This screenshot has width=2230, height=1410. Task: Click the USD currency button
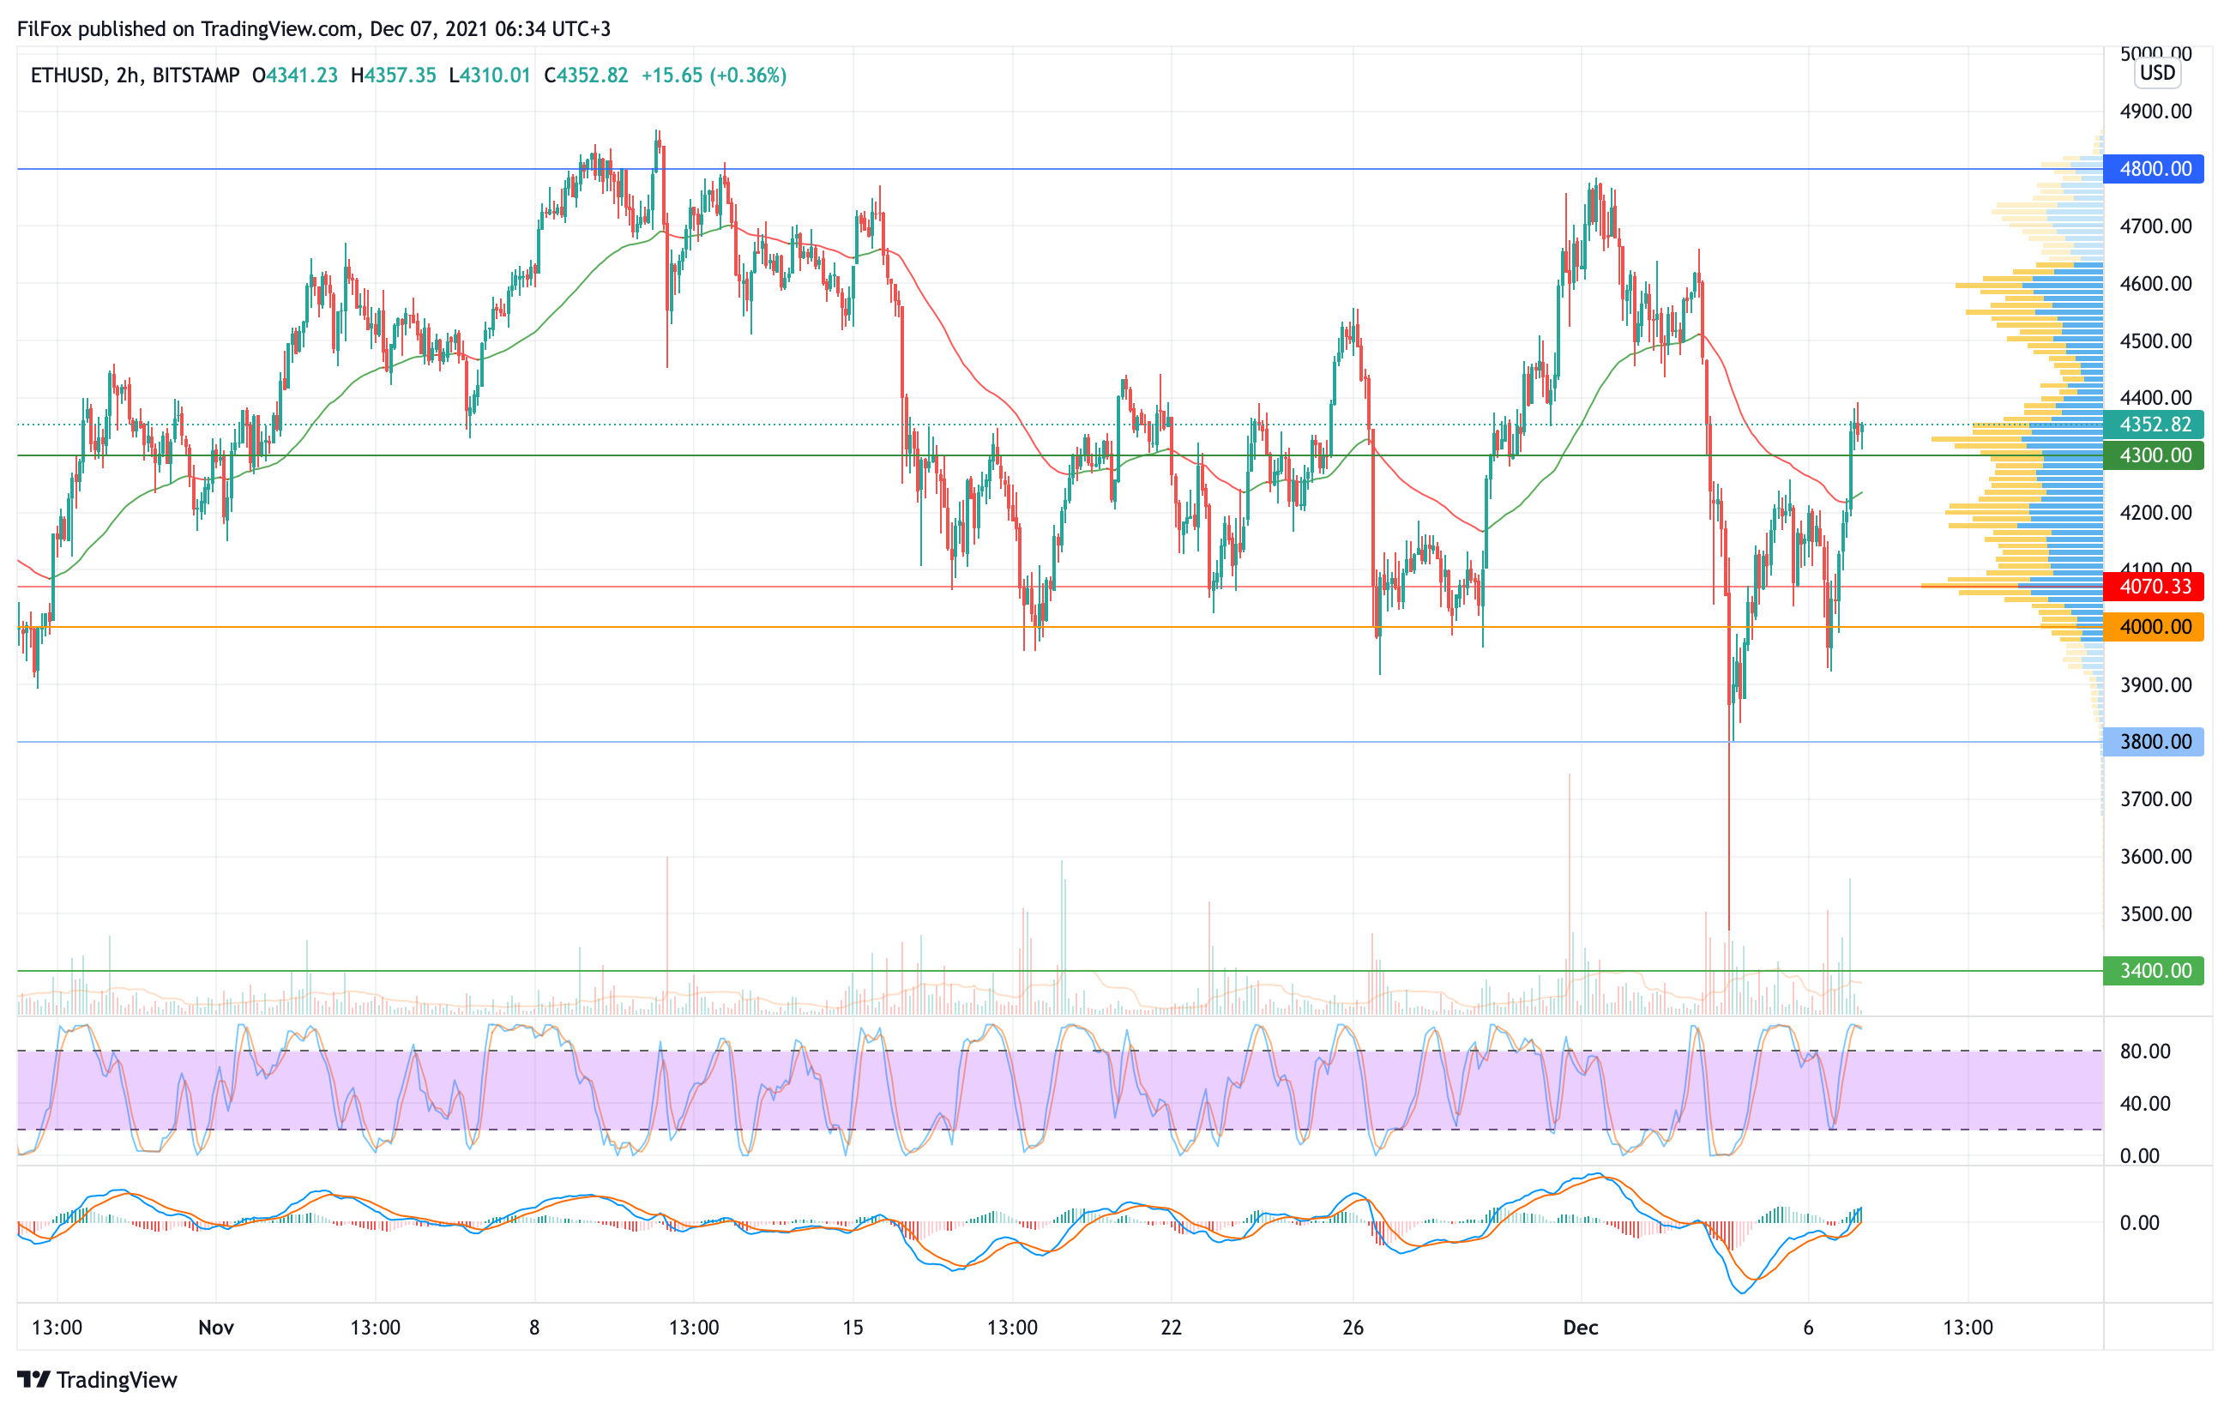(x=2157, y=72)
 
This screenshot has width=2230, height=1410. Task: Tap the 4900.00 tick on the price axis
(x=2156, y=111)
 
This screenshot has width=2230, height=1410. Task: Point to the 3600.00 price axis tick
(x=2156, y=856)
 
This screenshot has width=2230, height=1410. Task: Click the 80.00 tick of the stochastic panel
(x=2145, y=1051)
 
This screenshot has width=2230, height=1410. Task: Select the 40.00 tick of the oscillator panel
(x=2145, y=1104)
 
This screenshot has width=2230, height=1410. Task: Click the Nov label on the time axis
(x=216, y=1328)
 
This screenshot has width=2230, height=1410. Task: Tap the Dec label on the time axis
(x=1581, y=1328)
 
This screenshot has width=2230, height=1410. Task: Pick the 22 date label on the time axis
(x=1172, y=1328)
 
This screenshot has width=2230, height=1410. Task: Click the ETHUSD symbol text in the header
(x=67, y=75)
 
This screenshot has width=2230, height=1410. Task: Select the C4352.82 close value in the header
(x=586, y=75)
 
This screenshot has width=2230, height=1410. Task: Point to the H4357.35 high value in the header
(x=394, y=75)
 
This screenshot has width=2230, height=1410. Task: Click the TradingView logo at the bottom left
(x=96, y=1379)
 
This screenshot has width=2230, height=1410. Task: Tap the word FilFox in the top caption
(x=45, y=28)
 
